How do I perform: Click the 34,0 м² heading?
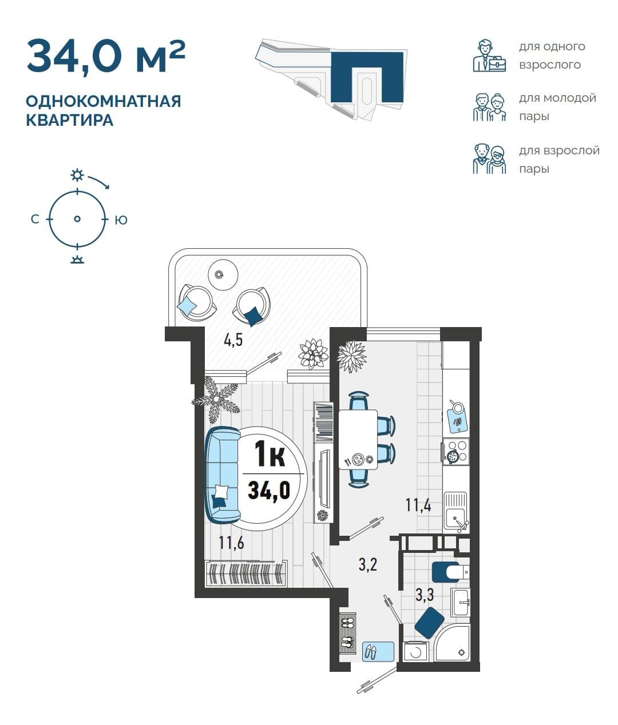coord(106,56)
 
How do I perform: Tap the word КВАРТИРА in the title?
coord(70,120)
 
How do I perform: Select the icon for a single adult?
coord(489,55)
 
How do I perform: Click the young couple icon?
coord(489,107)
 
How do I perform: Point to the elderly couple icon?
coord(489,159)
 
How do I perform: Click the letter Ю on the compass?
coord(121,220)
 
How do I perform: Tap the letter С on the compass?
coord(35,220)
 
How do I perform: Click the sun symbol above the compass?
coord(77,174)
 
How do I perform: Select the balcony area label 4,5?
coord(233,340)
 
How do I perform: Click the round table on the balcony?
coord(223,274)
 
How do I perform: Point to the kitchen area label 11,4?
coord(418,505)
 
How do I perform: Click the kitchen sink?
coord(455,511)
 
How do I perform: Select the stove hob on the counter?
coord(456,452)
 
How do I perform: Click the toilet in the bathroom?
coord(450,572)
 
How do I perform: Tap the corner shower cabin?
coord(452,643)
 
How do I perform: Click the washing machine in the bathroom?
coord(416,651)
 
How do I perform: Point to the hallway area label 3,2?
coord(368,565)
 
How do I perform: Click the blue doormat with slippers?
coord(378,651)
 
